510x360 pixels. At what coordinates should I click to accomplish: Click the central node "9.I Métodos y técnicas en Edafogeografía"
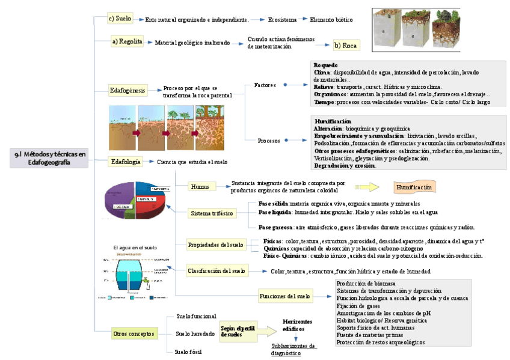[49, 158]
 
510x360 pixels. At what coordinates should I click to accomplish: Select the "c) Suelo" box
[120, 19]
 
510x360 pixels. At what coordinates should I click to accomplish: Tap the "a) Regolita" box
[127, 41]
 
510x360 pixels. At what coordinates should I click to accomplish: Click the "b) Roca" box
[346, 45]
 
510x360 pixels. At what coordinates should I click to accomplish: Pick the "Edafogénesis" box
[127, 90]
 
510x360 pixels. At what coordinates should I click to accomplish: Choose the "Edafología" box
[126, 161]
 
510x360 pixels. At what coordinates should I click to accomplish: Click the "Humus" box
[200, 186]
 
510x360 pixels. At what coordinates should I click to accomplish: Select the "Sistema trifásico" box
[211, 213]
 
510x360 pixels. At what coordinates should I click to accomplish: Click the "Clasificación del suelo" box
[217, 270]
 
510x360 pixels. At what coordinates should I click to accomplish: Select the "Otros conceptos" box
[134, 333]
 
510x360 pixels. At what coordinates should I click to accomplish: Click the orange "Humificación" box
[414, 187]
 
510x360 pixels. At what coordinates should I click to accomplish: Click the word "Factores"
[265, 85]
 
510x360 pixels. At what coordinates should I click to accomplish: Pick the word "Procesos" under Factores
[269, 141]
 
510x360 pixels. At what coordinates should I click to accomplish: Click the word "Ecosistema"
[281, 20]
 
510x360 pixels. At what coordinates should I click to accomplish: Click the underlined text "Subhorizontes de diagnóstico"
[293, 349]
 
